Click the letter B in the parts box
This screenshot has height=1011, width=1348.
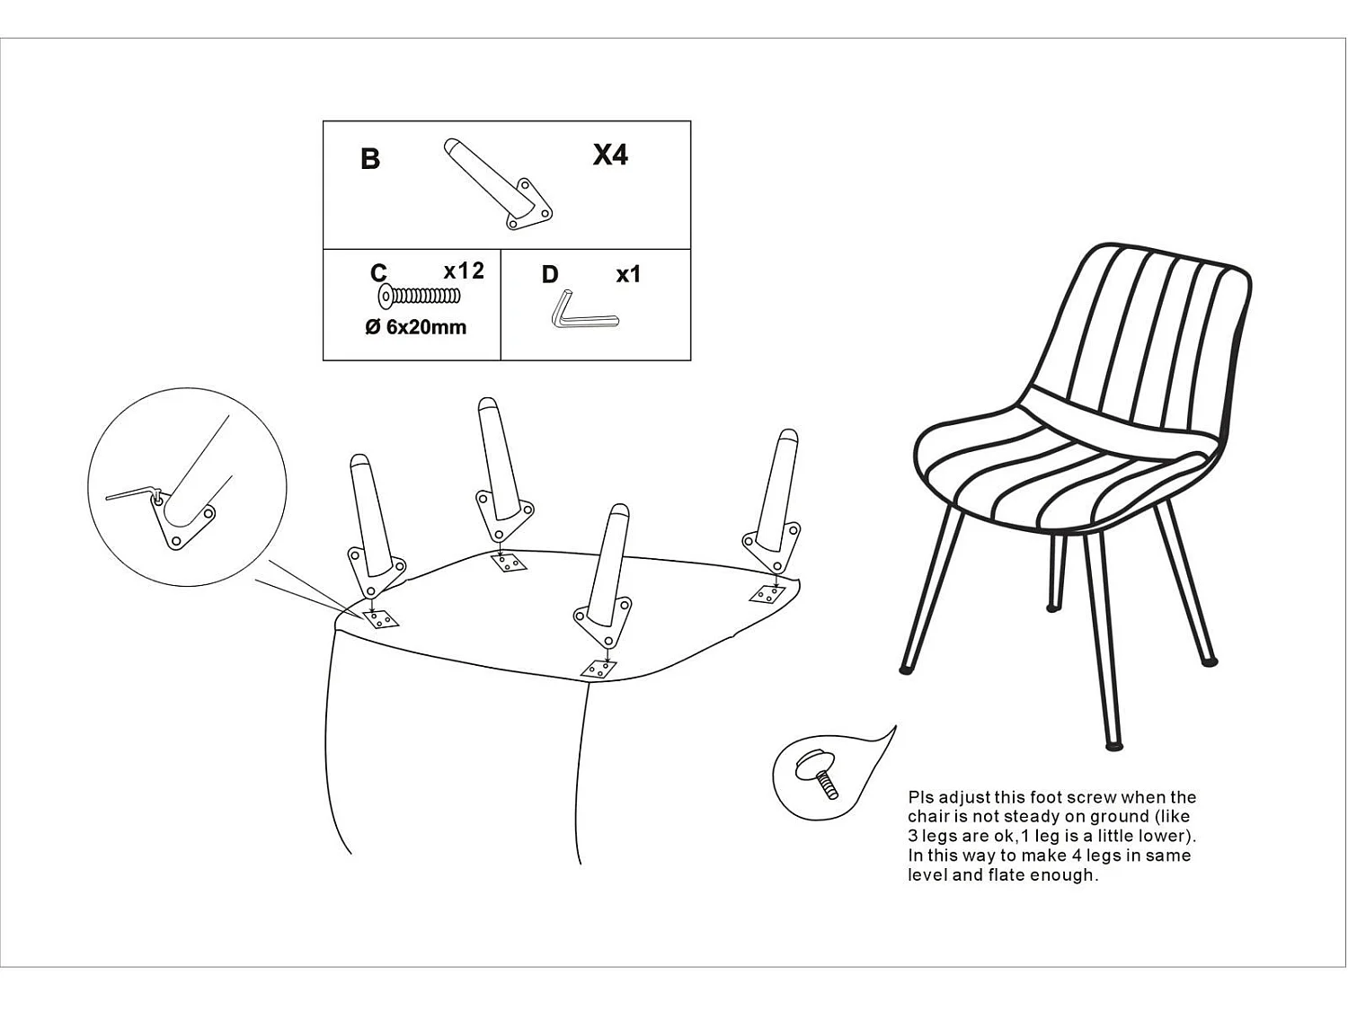pos(369,158)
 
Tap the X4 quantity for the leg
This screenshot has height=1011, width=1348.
pos(610,155)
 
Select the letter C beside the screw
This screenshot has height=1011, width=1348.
pos(379,272)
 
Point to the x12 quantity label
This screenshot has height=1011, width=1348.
pos(464,270)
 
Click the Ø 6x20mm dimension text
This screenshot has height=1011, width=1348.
pos(416,327)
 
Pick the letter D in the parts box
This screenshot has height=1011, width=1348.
pos(550,274)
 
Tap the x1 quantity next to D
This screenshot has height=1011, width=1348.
pos(628,274)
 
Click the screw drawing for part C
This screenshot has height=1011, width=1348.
pos(419,297)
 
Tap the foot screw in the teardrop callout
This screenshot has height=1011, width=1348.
pos(817,775)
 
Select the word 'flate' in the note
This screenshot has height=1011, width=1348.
pos(1007,875)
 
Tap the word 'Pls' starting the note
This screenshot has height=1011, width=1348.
pos(920,798)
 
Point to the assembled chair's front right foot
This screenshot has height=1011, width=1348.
pos(1113,746)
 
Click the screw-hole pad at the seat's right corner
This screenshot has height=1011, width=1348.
pos(767,594)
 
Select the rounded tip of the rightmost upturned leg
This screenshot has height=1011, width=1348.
pos(788,436)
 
